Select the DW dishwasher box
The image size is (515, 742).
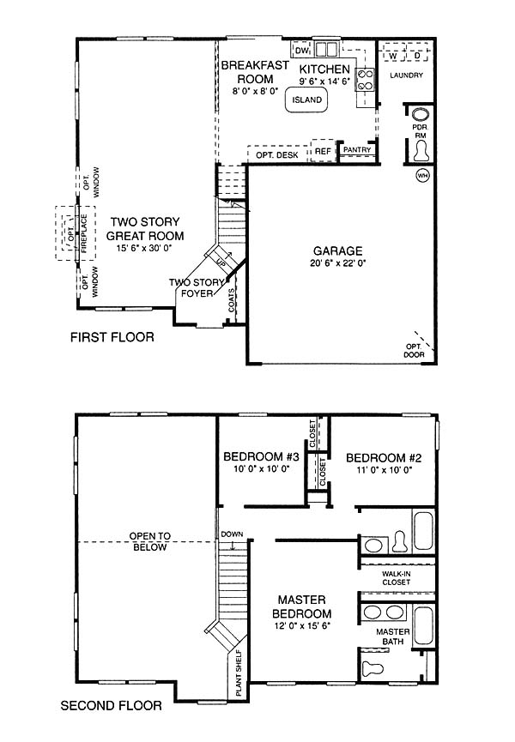(x=301, y=50)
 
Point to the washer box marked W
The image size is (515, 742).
(x=393, y=56)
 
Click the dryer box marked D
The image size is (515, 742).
(x=417, y=56)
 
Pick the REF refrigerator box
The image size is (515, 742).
(x=323, y=150)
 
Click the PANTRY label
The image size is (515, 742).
(x=357, y=149)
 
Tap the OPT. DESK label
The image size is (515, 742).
(x=277, y=155)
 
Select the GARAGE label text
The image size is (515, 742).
(x=338, y=250)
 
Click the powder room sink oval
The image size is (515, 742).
(x=421, y=115)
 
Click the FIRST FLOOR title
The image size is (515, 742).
(x=112, y=337)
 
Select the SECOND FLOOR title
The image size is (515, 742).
(x=112, y=706)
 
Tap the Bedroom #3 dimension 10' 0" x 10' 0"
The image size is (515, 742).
(x=261, y=469)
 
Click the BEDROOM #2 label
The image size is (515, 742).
(x=384, y=457)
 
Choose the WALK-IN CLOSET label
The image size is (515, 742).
(x=397, y=578)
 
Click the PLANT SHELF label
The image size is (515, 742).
(x=239, y=673)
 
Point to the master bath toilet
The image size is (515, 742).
(x=373, y=668)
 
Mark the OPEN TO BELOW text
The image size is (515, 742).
(x=149, y=541)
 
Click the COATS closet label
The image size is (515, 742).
(x=231, y=300)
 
